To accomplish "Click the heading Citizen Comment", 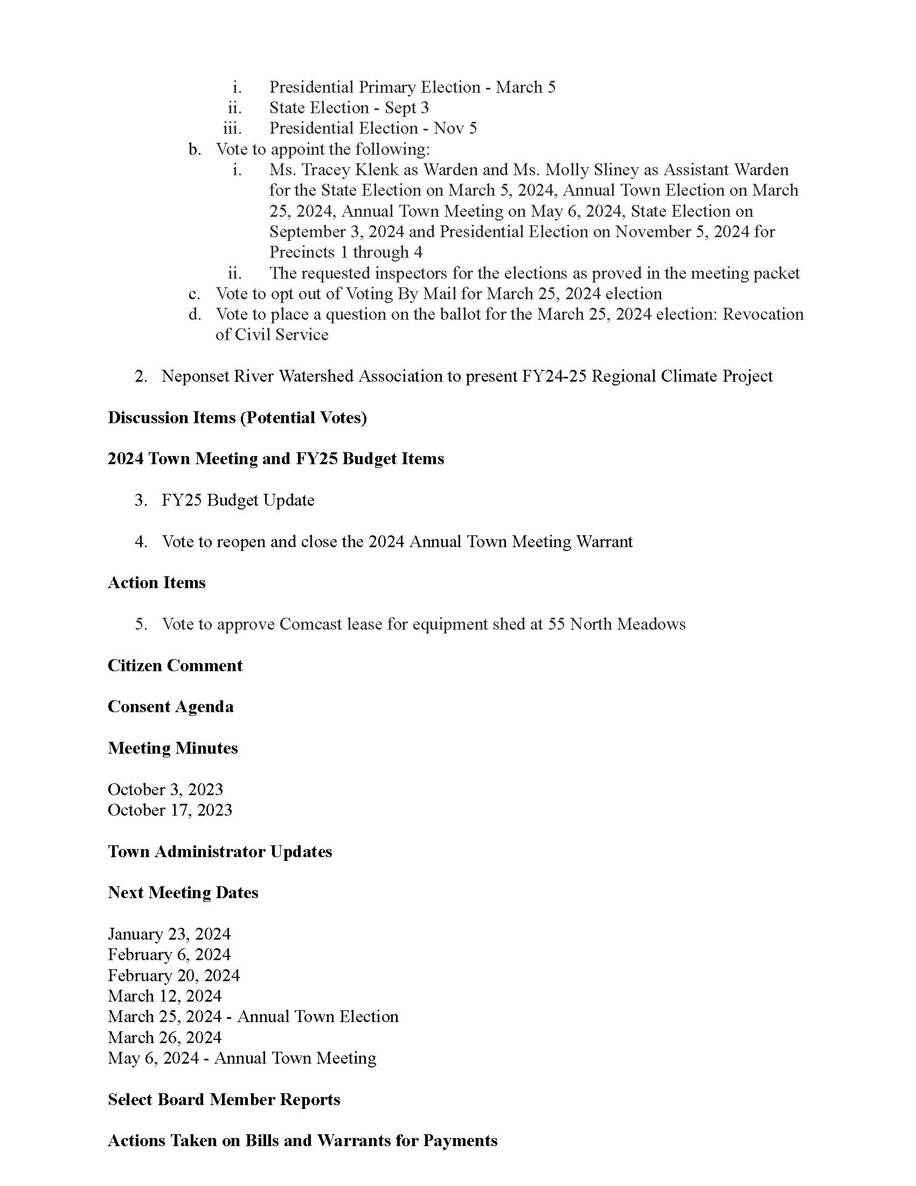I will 175,665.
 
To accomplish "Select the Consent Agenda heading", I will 170,707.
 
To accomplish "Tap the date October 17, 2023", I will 170,810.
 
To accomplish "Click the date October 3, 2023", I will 165,789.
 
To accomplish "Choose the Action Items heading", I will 157,583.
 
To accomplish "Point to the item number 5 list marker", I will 141,624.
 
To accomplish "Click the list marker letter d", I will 195,314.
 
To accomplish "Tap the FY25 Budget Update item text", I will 238,500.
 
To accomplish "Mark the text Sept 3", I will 407,107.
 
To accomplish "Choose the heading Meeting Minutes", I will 172,748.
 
